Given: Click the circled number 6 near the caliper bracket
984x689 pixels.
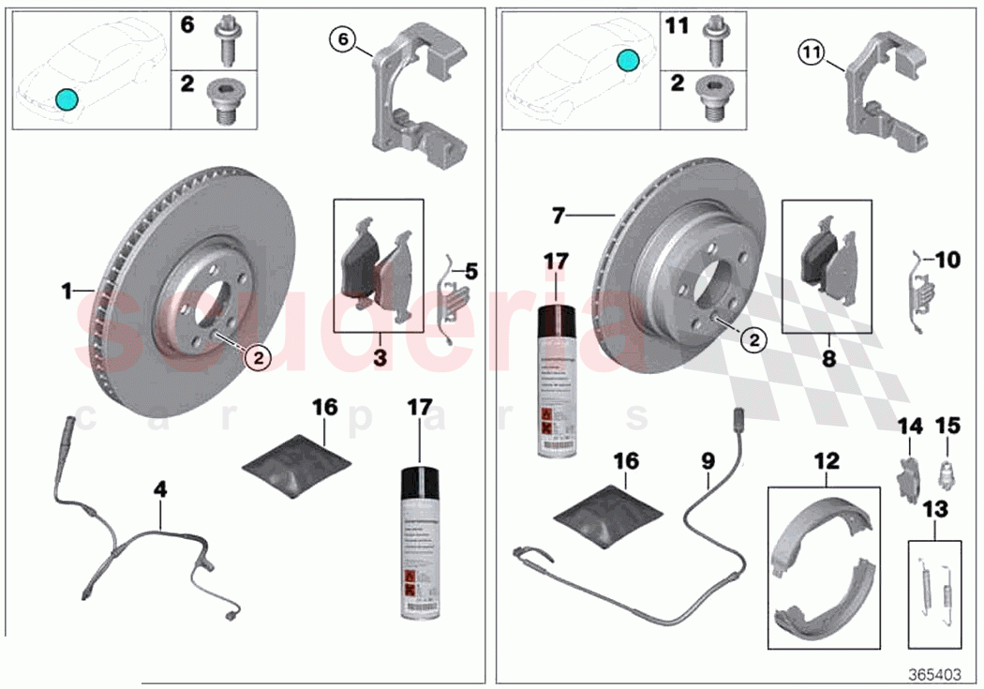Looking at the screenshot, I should (x=344, y=39).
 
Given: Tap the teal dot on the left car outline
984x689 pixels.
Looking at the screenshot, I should (x=66, y=98).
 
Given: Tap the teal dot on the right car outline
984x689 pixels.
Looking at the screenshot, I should (x=629, y=62).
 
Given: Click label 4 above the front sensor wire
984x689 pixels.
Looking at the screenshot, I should (x=160, y=489).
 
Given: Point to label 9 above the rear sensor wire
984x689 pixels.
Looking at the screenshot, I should (x=708, y=461).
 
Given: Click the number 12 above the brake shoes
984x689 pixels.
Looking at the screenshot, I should (x=826, y=462).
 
